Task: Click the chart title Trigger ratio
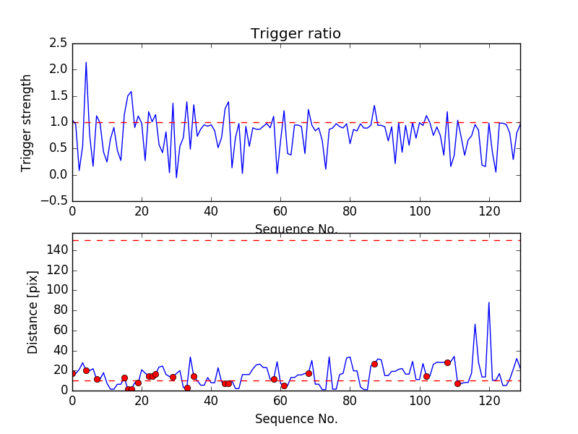296,34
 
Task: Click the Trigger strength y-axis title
27,122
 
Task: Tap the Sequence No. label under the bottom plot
296,419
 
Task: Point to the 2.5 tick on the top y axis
59,43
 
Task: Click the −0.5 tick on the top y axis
53,201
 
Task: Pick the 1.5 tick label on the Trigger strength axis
59,96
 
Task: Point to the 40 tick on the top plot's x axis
211,212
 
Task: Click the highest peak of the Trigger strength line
86,62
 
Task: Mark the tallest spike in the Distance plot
489,302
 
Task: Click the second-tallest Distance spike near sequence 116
475,324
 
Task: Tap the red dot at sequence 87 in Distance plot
374,364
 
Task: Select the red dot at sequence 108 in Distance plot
447,362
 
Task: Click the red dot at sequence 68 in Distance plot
309,373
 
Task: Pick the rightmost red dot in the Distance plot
457,383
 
